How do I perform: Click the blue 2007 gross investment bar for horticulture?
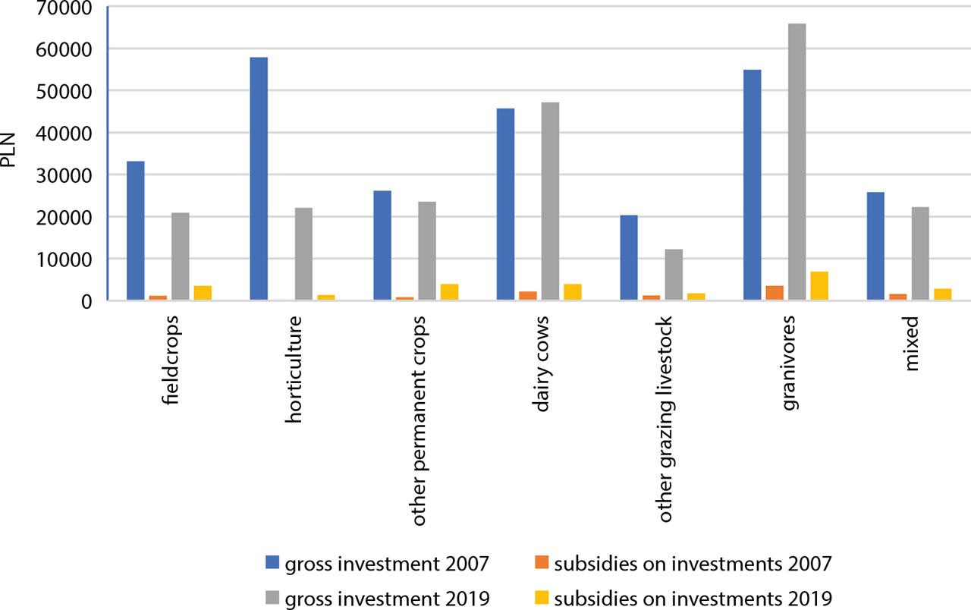tap(259, 179)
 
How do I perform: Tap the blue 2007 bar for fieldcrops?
tap(136, 231)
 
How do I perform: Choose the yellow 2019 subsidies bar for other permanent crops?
tap(449, 292)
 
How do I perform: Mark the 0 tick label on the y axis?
tap(88, 301)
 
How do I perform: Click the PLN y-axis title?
tap(10, 156)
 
